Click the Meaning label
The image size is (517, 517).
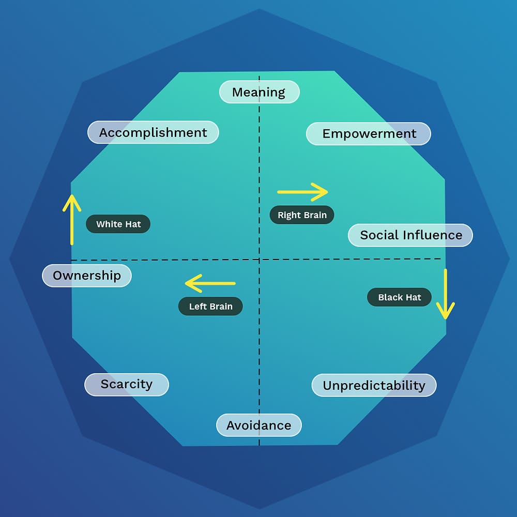click(x=259, y=92)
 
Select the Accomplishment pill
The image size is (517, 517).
click(x=153, y=132)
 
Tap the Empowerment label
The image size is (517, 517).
click(x=369, y=133)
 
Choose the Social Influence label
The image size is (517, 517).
click(x=410, y=235)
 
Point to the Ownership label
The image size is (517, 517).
click(x=87, y=275)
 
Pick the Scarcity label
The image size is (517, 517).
click(x=127, y=384)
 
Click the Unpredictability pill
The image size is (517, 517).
click(x=374, y=385)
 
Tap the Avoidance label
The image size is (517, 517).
click(x=258, y=425)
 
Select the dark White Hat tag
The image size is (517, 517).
click(x=118, y=224)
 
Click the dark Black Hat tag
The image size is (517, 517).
click(x=399, y=297)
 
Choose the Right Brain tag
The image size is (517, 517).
click(x=302, y=215)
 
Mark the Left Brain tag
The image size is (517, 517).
click(x=210, y=307)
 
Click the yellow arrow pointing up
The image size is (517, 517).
click(x=72, y=219)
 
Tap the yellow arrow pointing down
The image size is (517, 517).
click(x=445, y=294)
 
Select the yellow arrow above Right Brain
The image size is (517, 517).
click(x=302, y=192)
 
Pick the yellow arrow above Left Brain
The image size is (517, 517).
click(x=210, y=283)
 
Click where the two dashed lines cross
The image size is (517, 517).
click(x=259, y=259)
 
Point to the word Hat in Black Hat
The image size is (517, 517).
click(x=413, y=297)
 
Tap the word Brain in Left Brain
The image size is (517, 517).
click(x=221, y=307)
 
